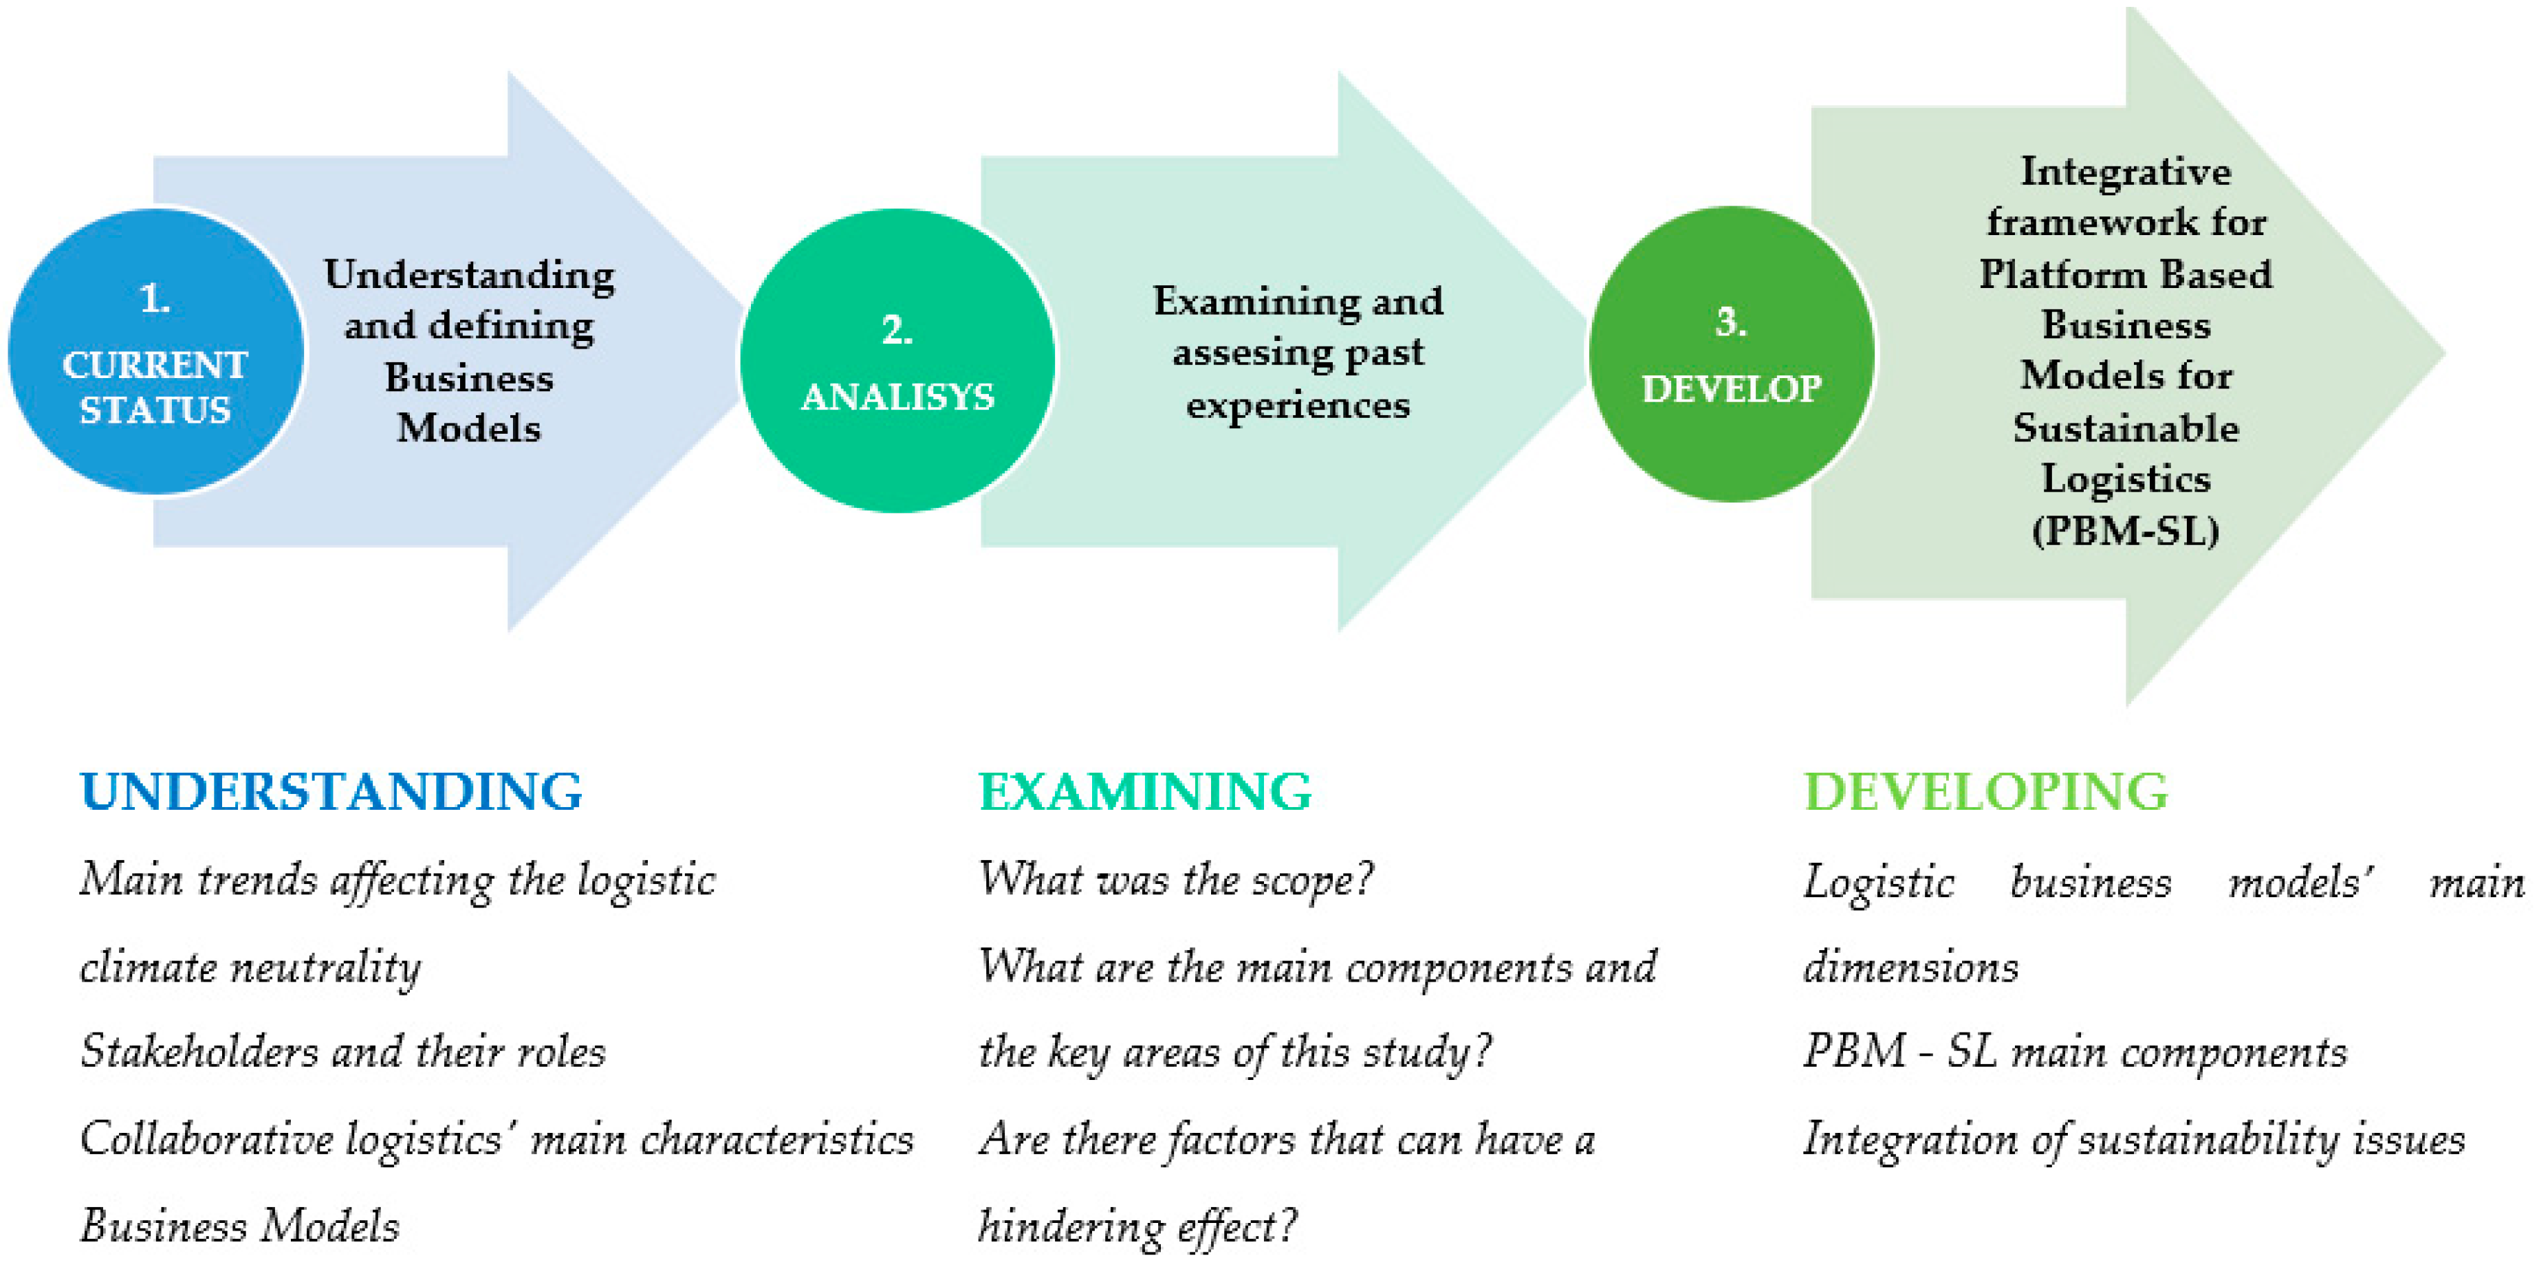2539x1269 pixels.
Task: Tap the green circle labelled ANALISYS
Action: tap(897, 361)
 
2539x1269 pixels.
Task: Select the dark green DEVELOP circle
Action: tap(1731, 355)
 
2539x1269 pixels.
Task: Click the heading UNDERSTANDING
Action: tap(331, 792)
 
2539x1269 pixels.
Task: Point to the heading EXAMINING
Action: tap(1145, 792)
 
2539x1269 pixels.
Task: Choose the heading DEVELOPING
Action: tap(1986, 792)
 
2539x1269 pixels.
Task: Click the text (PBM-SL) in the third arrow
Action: tap(2126, 531)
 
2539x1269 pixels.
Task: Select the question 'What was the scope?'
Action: tap(1176, 879)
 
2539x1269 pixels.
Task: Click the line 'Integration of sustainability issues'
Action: tap(2134, 1140)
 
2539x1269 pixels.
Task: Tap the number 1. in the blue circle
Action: tap(155, 298)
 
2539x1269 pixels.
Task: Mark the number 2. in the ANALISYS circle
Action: tap(897, 330)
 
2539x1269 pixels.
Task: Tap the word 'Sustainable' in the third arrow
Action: tap(2126, 428)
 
